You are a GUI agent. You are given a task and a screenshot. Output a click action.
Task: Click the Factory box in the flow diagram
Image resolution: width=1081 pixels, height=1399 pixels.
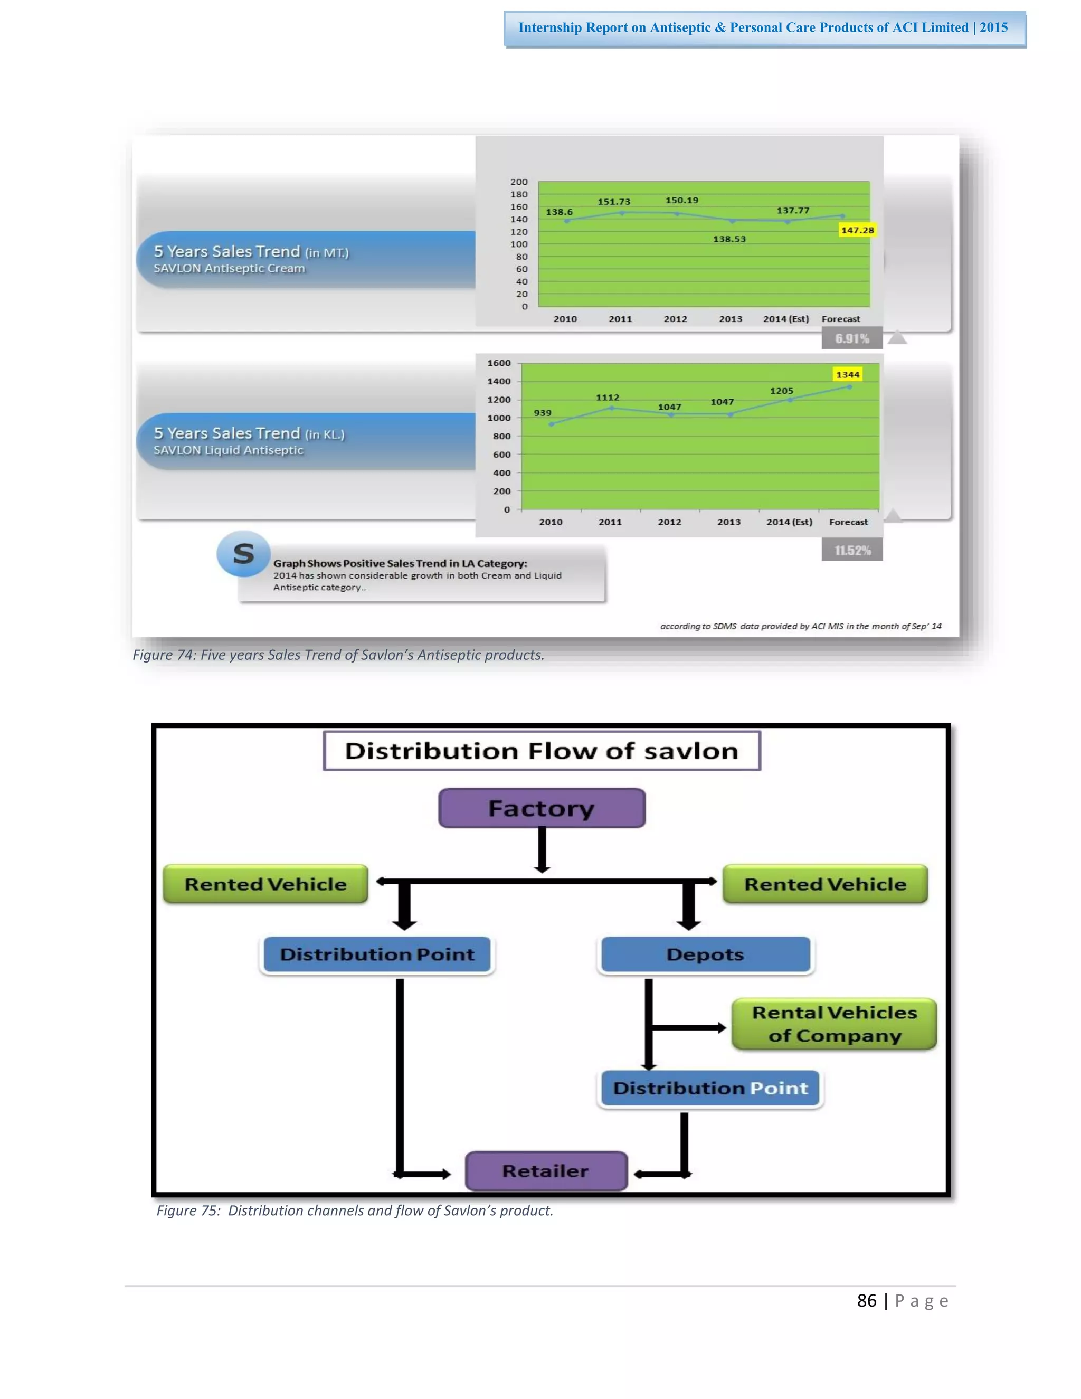pyautogui.click(x=542, y=808)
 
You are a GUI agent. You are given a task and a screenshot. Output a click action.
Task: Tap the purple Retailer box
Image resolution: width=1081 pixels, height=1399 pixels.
pyautogui.click(x=546, y=1171)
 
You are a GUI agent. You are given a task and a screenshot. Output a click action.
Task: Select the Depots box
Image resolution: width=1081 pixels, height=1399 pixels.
pyautogui.click(x=705, y=954)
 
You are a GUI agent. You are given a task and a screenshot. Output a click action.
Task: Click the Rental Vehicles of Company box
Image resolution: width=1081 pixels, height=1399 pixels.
pyautogui.click(x=835, y=1024)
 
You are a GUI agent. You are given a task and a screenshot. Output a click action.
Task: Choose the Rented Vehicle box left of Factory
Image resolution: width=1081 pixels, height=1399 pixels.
pyautogui.click(x=265, y=884)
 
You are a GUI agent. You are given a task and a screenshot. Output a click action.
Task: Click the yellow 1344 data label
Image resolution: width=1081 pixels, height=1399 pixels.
pyautogui.click(x=847, y=375)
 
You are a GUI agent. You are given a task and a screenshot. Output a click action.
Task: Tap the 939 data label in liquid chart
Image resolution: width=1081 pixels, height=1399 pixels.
pyautogui.click(x=543, y=412)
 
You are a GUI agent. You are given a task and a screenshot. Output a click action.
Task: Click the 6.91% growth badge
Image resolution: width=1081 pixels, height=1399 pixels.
pyautogui.click(x=852, y=338)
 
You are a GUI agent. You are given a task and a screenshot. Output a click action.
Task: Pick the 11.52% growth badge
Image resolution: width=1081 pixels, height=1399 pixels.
pyautogui.click(x=852, y=550)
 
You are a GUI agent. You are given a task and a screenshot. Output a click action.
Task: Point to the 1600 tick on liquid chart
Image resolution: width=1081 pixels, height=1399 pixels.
pyautogui.click(x=499, y=363)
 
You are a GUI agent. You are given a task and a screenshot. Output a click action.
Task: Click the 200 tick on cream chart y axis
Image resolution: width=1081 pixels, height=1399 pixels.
pyautogui.click(x=519, y=182)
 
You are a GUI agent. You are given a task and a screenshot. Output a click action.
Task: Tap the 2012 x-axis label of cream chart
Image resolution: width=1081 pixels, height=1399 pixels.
pyautogui.click(x=675, y=319)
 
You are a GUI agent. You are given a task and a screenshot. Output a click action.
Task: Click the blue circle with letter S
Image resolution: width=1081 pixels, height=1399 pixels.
pyautogui.click(x=243, y=553)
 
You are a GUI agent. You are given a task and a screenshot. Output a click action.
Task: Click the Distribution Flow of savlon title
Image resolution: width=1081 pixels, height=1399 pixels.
pyautogui.click(x=542, y=751)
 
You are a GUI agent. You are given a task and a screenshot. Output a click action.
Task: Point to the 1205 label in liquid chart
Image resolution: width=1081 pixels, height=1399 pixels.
pyautogui.click(x=781, y=391)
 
